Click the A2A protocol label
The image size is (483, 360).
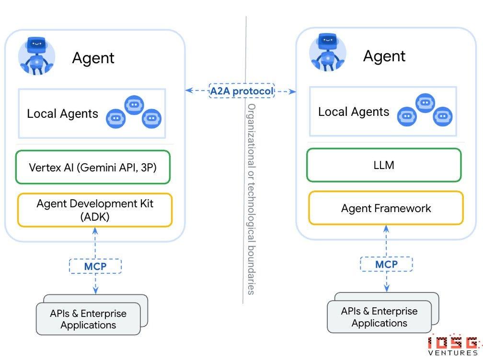pyautogui.click(x=241, y=90)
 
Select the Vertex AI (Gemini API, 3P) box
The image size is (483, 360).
pyautogui.click(x=92, y=168)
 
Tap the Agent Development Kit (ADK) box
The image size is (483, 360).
pyautogui.click(x=94, y=210)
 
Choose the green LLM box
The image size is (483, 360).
pyautogui.click(x=384, y=165)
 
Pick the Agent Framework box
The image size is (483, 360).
pyautogui.click(x=386, y=208)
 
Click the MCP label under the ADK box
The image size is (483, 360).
pyautogui.click(x=95, y=266)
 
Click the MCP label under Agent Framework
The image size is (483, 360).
pyautogui.click(x=386, y=264)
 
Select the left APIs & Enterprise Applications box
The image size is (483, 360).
pyautogui.click(x=88, y=319)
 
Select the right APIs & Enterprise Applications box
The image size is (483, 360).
pyautogui.click(x=379, y=317)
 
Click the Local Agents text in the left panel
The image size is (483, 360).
pyautogui.click(x=62, y=113)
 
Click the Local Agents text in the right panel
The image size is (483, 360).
pyautogui.click(x=354, y=112)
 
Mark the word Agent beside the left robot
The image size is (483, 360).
pyautogui.click(x=93, y=58)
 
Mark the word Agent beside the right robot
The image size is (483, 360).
pyautogui.click(x=384, y=56)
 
